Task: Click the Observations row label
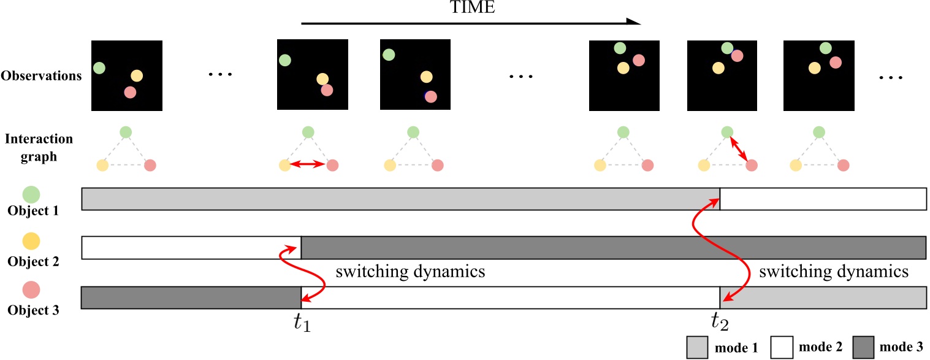(42, 76)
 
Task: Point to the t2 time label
(720, 321)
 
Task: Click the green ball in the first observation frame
(99, 67)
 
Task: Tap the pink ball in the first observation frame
(129, 92)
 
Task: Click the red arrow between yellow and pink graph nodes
(308, 164)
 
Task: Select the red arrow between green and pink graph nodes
(738, 149)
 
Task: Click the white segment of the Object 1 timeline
(823, 199)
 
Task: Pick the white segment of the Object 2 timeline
(191, 248)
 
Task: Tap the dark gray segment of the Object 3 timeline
(191, 297)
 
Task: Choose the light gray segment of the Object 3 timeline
(823, 297)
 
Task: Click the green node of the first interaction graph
(126, 132)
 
